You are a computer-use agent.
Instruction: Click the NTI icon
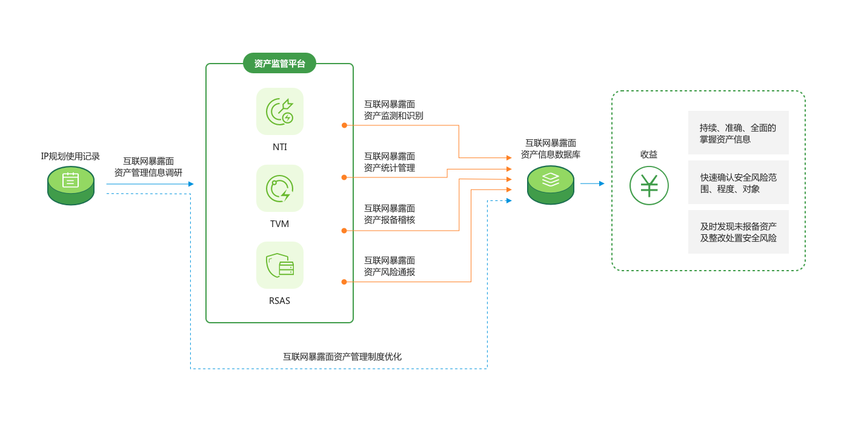click(279, 111)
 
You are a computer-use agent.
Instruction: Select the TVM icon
click(279, 188)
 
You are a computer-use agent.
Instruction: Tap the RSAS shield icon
click(279, 265)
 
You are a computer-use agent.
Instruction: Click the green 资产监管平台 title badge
click(279, 63)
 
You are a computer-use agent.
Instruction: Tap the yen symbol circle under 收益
click(649, 185)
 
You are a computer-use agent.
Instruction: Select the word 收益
click(649, 154)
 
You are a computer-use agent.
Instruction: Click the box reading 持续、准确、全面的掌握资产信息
click(738, 133)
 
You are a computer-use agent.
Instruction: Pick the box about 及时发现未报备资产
click(738, 232)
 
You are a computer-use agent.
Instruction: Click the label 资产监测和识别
click(393, 115)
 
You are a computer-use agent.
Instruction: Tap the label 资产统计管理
click(390, 168)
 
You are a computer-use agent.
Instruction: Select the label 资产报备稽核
click(390, 220)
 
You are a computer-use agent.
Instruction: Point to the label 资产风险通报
click(390, 272)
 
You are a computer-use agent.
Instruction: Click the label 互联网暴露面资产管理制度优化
click(342, 357)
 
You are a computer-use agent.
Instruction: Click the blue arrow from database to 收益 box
click(593, 183)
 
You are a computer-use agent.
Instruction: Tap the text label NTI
click(279, 147)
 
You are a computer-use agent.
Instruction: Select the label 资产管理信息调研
click(148, 172)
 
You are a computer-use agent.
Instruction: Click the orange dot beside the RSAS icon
click(344, 282)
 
